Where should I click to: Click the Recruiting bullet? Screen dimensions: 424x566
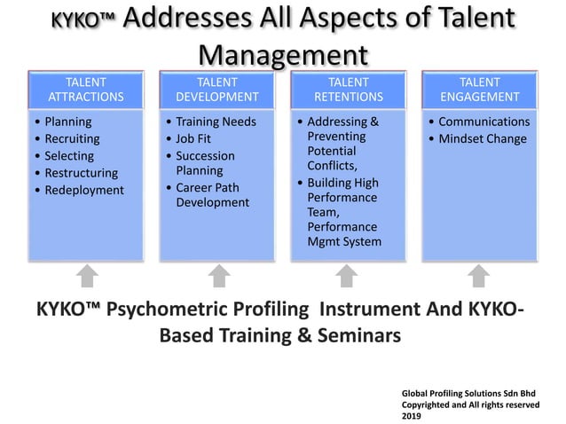73,138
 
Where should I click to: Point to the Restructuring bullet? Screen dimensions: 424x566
81,172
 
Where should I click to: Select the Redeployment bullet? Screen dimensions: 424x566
84,190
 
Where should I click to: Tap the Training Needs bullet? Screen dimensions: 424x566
216,122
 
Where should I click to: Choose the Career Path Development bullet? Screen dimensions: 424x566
213,195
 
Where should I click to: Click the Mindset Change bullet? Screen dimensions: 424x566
483,138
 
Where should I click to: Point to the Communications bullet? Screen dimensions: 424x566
483,122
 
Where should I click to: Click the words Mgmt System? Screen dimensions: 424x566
344,241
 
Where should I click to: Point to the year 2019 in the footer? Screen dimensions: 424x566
413,415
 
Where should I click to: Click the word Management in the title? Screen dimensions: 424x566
282,55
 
